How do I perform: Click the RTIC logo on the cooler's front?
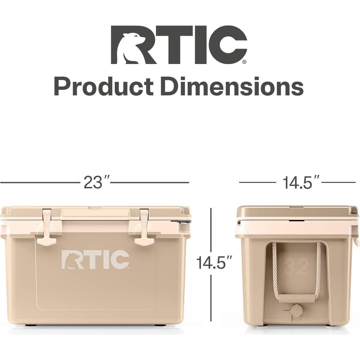95,259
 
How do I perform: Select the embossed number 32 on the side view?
296,266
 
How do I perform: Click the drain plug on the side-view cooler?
297,309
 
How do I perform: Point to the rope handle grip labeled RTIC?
296,298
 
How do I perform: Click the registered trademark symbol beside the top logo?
244,62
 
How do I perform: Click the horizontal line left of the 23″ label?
40,182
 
